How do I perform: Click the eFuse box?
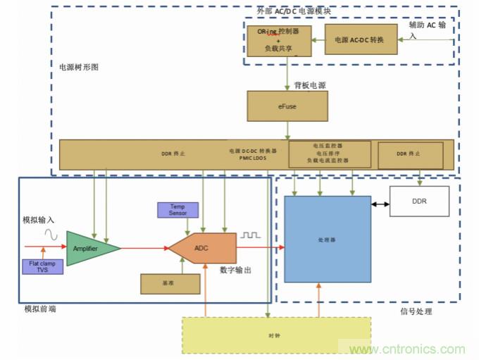pyautogui.click(x=287, y=106)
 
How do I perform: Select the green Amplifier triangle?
pyautogui.click(x=89, y=248)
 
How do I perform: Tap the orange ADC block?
pyautogui.click(x=202, y=248)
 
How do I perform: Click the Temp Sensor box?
pyautogui.click(x=177, y=210)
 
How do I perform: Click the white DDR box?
pyautogui.click(x=418, y=201)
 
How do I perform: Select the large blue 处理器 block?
pyautogui.click(x=327, y=239)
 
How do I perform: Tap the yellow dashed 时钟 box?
pyautogui.click(x=276, y=335)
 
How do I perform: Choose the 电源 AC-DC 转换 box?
pyautogui.click(x=359, y=40)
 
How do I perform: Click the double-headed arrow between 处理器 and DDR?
pyautogui.click(x=381, y=204)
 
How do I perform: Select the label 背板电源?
pyautogui.click(x=311, y=85)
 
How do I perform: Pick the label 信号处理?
pyautogui.click(x=416, y=311)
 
